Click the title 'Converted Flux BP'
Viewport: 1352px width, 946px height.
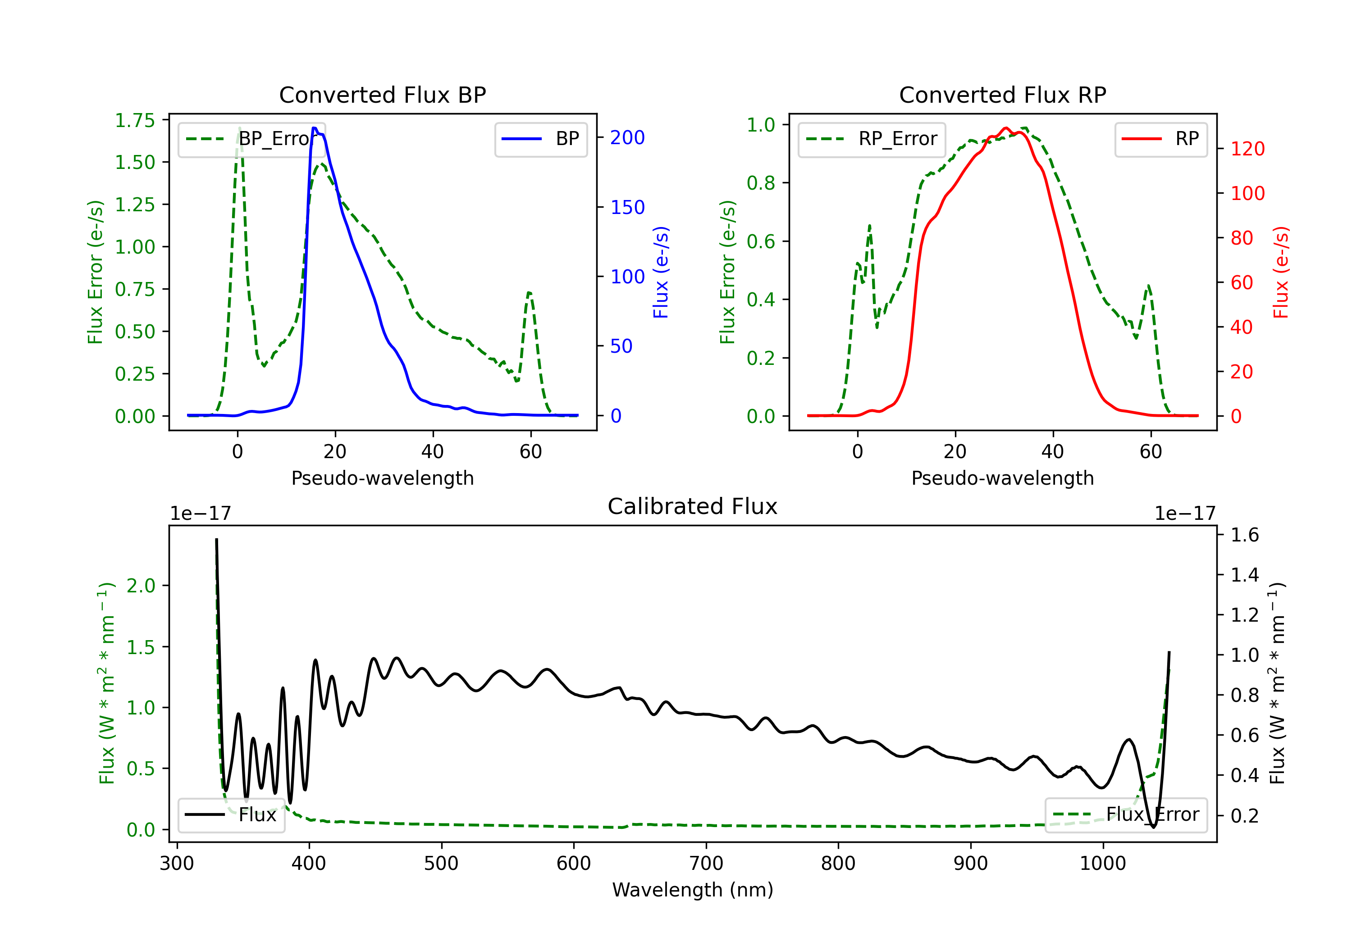click(383, 95)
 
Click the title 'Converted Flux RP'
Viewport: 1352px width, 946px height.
click(1003, 95)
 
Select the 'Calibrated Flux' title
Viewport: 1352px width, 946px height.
click(693, 506)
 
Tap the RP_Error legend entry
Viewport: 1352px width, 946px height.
click(872, 139)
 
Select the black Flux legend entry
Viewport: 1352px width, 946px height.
click(232, 815)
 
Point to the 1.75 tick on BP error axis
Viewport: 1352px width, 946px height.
click(135, 121)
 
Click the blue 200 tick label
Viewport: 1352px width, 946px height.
click(627, 138)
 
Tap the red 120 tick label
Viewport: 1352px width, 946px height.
click(1248, 149)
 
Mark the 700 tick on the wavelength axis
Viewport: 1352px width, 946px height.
click(706, 864)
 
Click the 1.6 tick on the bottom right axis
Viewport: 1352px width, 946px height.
click(1245, 535)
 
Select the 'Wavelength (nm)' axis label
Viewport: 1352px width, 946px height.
click(693, 890)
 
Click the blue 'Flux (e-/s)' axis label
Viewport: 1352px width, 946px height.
click(661, 272)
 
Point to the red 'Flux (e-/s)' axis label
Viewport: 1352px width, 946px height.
click(1281, 272)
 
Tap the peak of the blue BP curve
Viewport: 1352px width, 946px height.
click(315, 128)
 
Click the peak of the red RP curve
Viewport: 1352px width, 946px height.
click(1006, 128)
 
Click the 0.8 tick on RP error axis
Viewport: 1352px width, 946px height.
click(761, 183)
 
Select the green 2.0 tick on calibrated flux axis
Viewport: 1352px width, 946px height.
click(142, 586)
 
